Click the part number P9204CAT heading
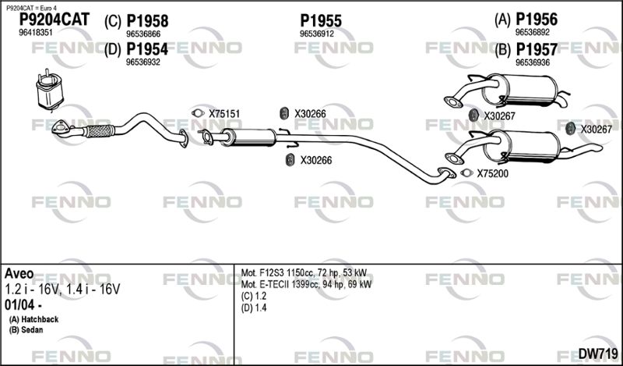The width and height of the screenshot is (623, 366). point(55,20)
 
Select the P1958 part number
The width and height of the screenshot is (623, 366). point(147,21)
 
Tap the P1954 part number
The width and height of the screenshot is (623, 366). point(147,49)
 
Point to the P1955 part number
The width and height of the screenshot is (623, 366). point(321,21)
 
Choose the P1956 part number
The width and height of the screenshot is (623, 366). point(537,19)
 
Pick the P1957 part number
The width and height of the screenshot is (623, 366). point(537,49)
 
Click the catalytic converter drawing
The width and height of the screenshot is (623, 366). point(50,91)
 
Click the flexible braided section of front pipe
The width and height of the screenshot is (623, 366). point(99,130)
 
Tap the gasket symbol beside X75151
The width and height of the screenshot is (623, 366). point(198,113)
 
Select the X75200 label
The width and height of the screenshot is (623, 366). point(492,174)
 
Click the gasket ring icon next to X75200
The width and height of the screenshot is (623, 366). point(466,173)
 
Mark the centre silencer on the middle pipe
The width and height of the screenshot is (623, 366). point(248,137)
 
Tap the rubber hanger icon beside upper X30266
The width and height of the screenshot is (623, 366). point(284,113)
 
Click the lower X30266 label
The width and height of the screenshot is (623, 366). point(316,161)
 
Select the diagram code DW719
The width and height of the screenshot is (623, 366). point(597,353)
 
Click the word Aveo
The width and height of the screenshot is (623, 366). point(19,274)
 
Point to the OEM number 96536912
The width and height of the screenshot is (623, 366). point(317,34)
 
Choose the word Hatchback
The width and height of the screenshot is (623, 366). point(40,319)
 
